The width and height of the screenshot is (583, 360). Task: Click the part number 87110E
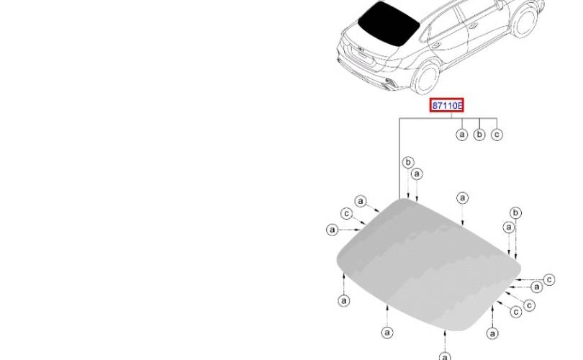pyautogui.click(x=446, y=105)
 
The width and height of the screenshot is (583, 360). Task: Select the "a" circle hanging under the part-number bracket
pyautogui.click(x=462, y=134)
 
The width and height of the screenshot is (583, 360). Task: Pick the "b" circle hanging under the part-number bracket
pyautogui.click(x=479, y=134)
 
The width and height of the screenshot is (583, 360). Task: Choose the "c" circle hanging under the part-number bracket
pyautogui.click(x=497, y=134)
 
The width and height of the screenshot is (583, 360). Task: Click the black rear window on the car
pyautogui.click(x=389, y=23)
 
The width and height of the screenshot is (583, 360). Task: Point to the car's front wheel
pyautogui.click(x=525, y=20)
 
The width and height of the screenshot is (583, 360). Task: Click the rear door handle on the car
pyautogui.click(x=473, y=26)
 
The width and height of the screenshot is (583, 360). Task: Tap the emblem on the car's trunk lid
pyautogui.click(x=361, y=49)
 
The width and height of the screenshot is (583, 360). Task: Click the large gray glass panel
pyautogui.click(x=428, y=264)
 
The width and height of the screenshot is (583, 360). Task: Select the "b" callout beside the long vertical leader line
pyautogui.click(x=408, y=162)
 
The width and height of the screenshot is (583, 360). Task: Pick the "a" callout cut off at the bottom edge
pyautogui.click(x=445, y=356)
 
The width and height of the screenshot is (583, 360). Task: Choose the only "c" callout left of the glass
pyautogui.click(x=346, y=213)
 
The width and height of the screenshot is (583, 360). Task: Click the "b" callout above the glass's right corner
pyautogui.click(x=515, y=212)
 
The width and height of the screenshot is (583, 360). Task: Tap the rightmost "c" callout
pyautogui.click(x=549, y=279)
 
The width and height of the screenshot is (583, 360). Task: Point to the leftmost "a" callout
pyautogui.click(x=333, y=230)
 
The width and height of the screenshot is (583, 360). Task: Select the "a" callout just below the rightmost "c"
pyautogui.click(x=536, y=287)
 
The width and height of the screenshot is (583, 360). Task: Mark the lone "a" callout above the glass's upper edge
pyautogui.click(x=462, y=198)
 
